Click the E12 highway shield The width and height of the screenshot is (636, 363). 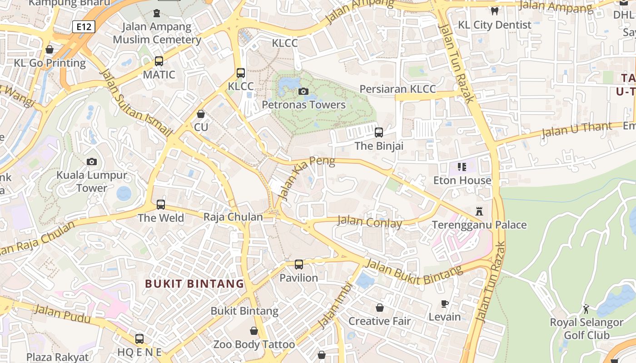tap(84, 27)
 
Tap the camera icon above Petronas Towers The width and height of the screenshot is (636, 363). tap(303, 92)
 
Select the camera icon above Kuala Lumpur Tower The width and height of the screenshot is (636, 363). tap(92, 162)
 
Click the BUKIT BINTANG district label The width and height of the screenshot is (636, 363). tap(194, 284)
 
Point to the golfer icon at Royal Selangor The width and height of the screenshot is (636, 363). tap(586, 309)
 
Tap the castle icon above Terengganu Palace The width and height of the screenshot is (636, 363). tap(479, 211)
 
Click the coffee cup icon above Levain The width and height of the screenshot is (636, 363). tap(445, 303)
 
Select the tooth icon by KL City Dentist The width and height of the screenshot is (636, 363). tap(495, 11)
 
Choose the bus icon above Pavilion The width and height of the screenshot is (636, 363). tap(298, 264)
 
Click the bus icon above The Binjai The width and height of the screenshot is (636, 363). tap(378, 132)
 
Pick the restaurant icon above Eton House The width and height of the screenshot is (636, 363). tap(462, 167)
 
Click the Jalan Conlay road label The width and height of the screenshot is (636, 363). tap(369, 222)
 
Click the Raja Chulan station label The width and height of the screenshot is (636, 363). tap(233, 217)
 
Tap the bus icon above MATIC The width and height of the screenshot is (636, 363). tap(159, 61)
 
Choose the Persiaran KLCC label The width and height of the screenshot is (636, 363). tap(397, 89)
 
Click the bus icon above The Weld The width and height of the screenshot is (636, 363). tap(161, 204)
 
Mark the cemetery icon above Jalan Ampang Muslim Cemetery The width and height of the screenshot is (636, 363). tap(157, 13)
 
